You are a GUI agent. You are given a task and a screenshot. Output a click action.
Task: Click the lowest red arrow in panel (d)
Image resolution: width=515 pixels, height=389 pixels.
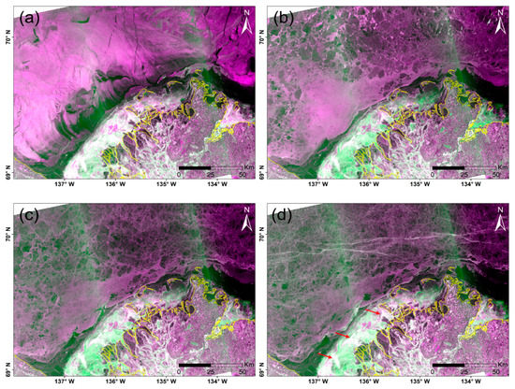click(325, 355)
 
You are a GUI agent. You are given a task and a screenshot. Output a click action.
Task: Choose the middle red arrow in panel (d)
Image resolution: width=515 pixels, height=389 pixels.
click(342, 335)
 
